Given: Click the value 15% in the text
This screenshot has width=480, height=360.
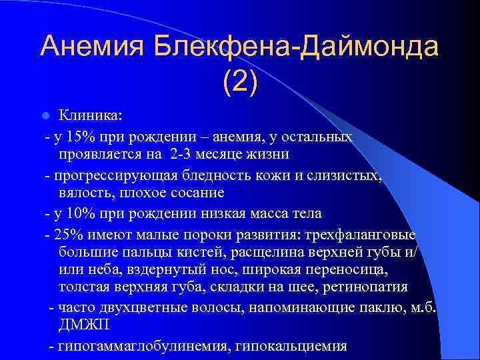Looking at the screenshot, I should (x=80, y=137).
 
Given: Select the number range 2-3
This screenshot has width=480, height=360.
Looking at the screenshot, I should (x=181, y=155).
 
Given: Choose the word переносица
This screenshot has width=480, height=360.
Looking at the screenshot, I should (x=347, y=271).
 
